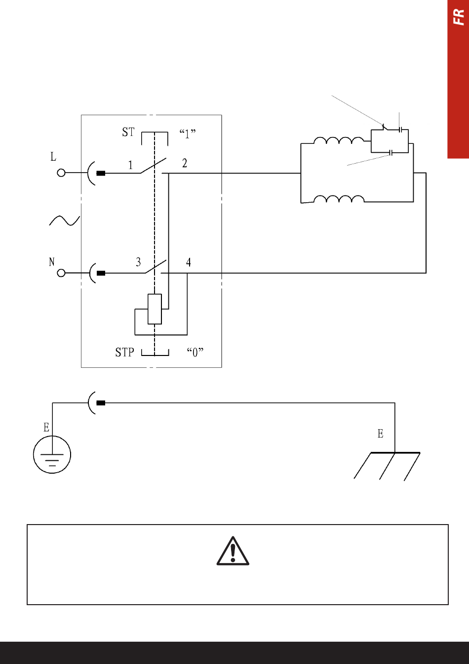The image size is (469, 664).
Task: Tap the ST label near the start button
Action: coord(128,132)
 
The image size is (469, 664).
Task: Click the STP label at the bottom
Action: coord(124,352)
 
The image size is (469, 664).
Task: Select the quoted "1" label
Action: coord(188,133)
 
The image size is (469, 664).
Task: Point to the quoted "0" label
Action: coord(195,353)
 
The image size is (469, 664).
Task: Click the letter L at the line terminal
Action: coord(53,157)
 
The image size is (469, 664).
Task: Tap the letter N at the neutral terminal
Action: coord(52,262)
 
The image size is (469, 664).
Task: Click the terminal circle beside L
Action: coord(61,173)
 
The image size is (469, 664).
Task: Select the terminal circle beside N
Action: coord(61,273)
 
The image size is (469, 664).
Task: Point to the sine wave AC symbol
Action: coord(65,221)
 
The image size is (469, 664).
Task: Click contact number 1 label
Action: coord(130,165)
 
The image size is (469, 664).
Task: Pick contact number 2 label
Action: coord(185,163)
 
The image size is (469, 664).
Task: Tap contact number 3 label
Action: coord(138,262)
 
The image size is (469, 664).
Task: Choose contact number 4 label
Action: coord(189,262)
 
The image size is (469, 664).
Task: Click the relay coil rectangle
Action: coord(155,309)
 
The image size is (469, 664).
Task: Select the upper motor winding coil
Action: coord(339,140)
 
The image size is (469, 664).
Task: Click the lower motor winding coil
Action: coord(339,199)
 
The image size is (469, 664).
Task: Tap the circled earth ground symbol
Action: coord(52,454)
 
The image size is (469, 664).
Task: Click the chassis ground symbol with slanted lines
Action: coord(387,466)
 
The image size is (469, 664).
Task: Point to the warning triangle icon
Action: coord(233,551)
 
